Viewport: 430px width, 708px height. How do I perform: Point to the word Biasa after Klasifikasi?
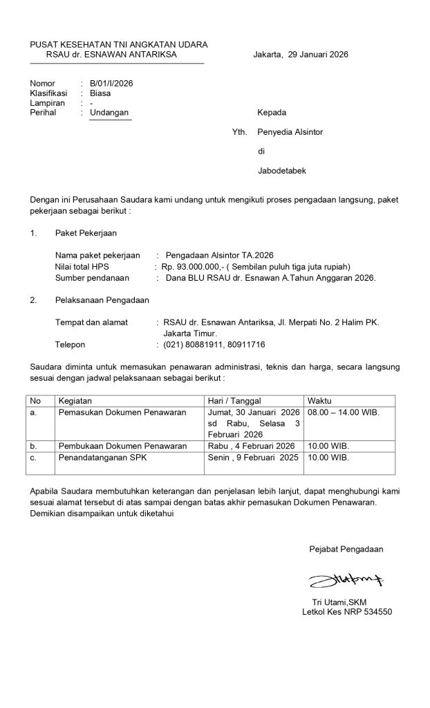tap(100, 93)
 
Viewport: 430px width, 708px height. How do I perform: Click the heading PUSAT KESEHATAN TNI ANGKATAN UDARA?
tap(119, 44)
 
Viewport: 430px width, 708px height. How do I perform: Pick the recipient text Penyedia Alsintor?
tap(290, 131)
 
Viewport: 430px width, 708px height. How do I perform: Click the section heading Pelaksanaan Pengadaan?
tap(102, 300)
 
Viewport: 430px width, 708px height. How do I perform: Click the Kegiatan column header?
tap(75, 400)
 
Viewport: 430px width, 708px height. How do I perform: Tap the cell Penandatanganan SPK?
tap(102, 458)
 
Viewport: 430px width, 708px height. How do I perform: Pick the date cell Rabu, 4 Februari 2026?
tap(252, 446)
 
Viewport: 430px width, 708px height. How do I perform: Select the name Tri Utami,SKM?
tap(340, 603)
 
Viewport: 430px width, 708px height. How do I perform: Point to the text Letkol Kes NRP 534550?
tap(347, 613)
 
